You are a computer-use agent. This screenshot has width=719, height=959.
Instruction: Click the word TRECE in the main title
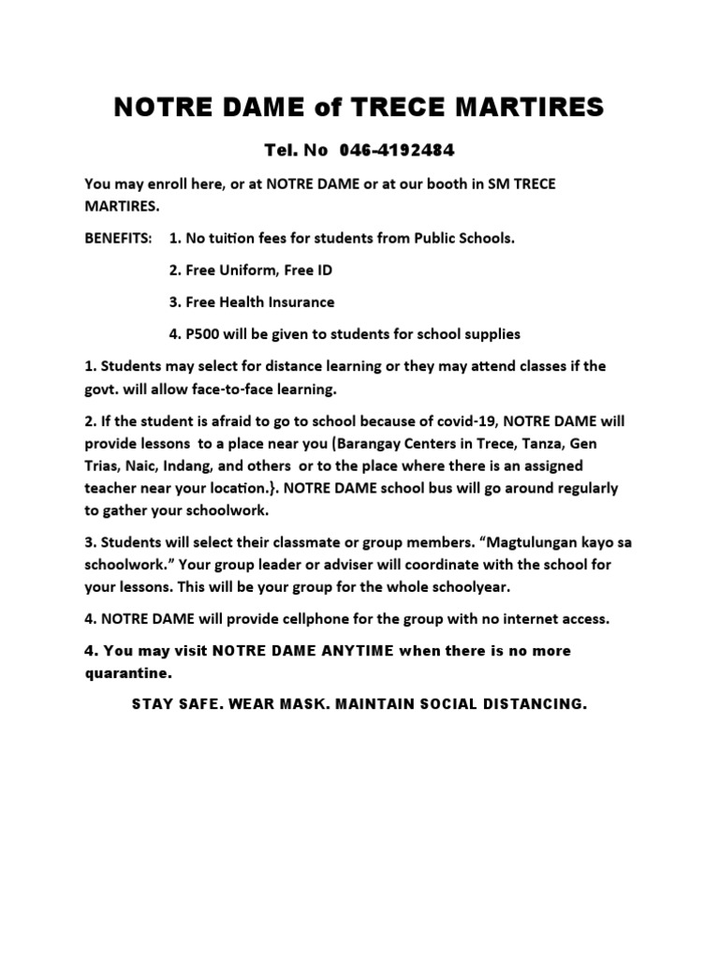391,108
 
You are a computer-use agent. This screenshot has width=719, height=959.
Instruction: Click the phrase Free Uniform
224,271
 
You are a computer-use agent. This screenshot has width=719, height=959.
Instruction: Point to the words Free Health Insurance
252,302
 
